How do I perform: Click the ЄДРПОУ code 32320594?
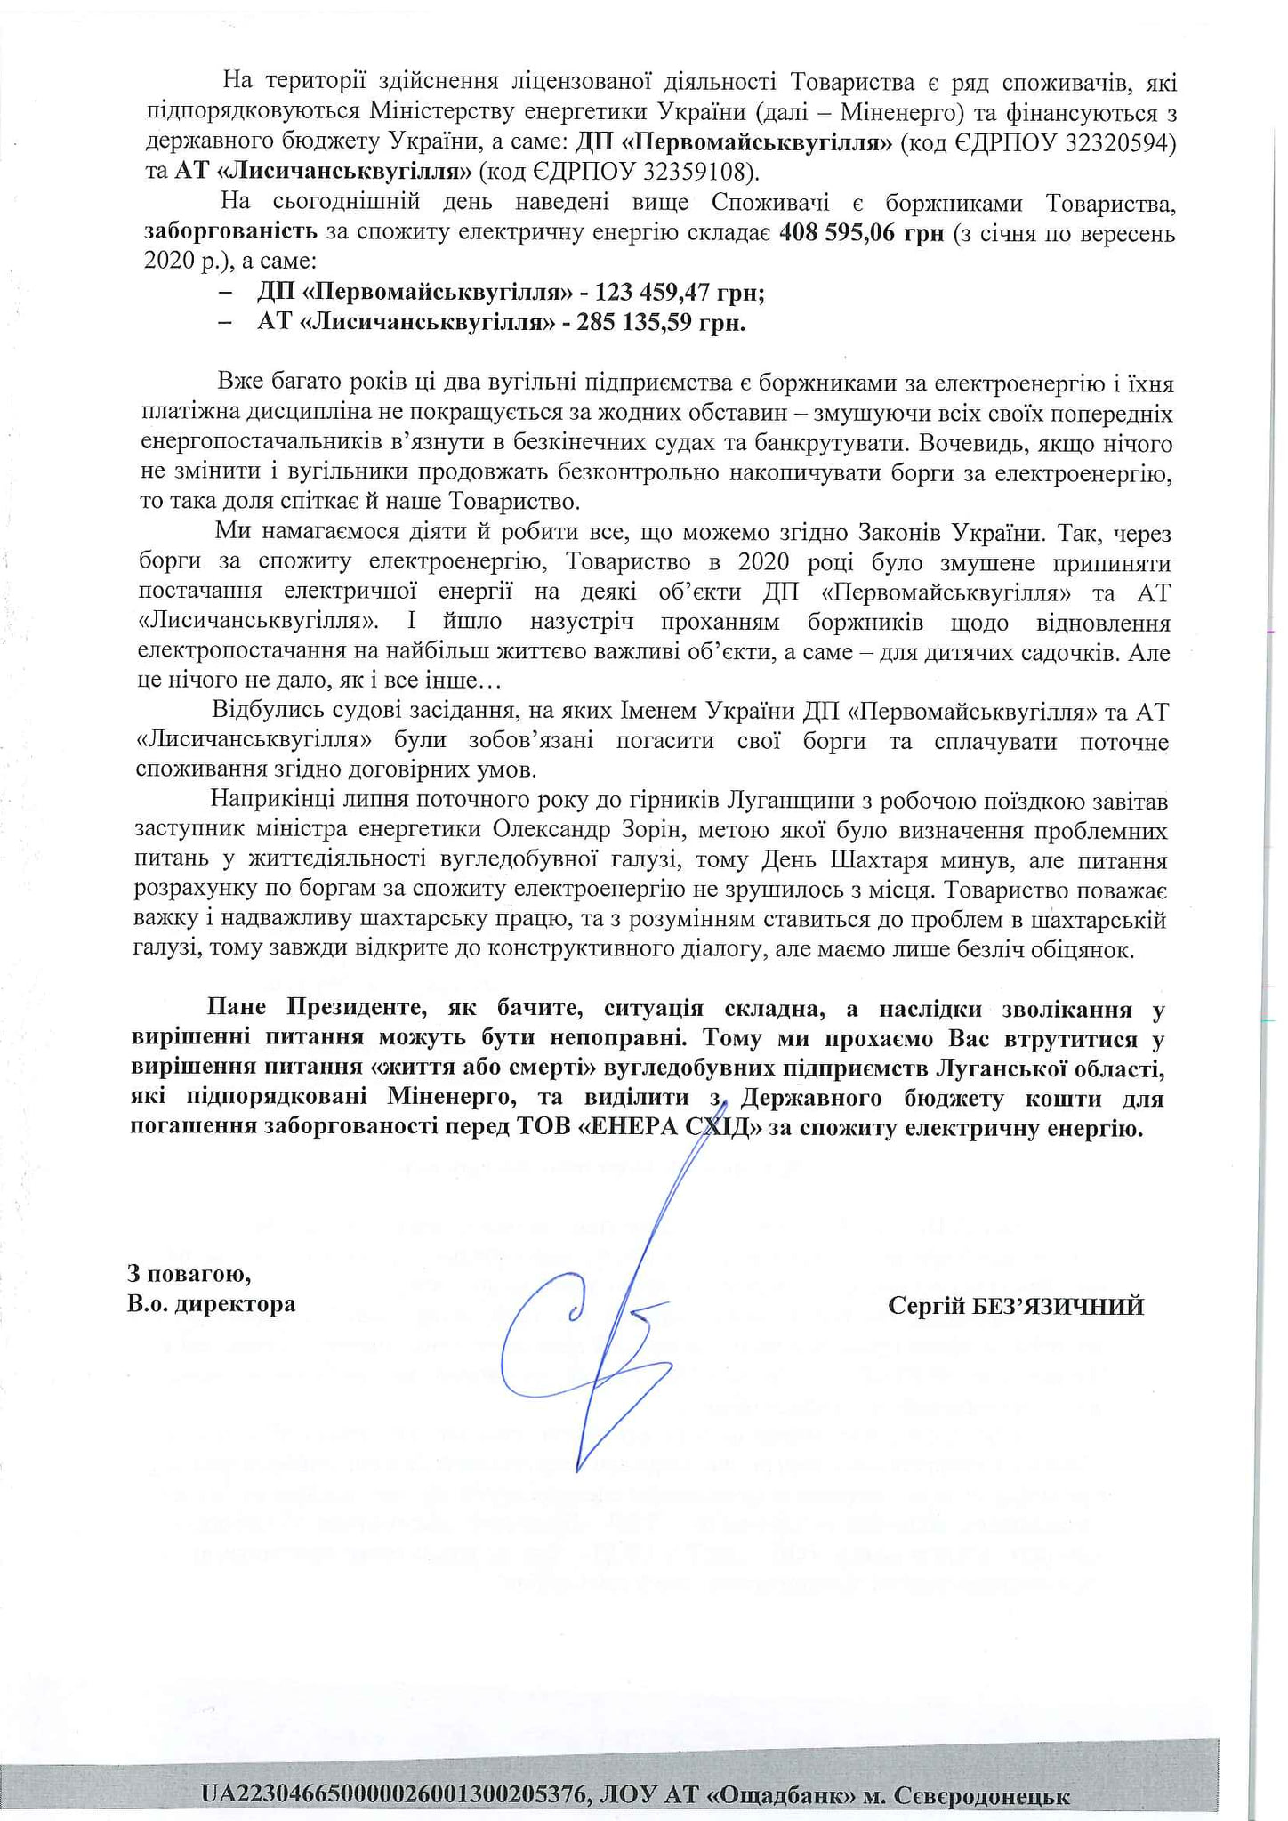point(1118,143)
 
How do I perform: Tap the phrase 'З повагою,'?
point(189,1274)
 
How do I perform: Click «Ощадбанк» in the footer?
point(774,1793)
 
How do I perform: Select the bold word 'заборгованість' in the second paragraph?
point(230,234)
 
